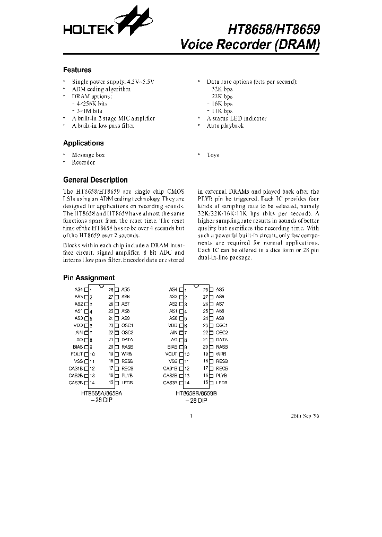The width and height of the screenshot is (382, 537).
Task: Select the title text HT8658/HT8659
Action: point(273,30)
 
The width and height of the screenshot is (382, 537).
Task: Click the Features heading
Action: point(77,70)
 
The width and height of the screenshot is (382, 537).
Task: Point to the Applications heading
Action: point(83,143)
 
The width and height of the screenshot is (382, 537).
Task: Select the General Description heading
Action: point(95,180)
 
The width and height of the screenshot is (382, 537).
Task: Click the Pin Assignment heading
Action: point(89,278)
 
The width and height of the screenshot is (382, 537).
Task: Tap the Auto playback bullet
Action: point(225,126)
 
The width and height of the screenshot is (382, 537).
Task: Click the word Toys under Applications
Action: point(212,155)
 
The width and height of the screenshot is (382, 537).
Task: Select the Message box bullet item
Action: point(88,155)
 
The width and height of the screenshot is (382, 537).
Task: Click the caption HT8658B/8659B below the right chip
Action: point(196,394)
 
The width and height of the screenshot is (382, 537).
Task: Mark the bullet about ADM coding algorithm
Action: point(101,89)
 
